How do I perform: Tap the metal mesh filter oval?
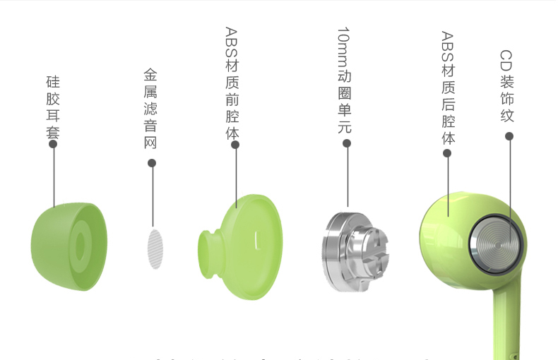pos(154,248)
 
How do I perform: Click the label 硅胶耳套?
pos(53,105)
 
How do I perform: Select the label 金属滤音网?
pos(150,109)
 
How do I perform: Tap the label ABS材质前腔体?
pos(232,83)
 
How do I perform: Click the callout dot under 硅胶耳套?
pos(53,144)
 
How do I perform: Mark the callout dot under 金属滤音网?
pos(152,164)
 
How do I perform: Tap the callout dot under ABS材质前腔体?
pos(235,145)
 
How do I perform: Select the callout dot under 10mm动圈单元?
pos(347,143)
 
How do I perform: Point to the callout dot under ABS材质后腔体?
pos(448,153)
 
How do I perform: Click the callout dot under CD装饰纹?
pos(509,136)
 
